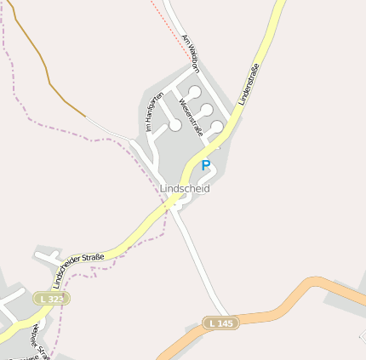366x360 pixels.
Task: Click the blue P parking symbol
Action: point(205,164)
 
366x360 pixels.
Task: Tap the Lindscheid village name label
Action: point(185,188)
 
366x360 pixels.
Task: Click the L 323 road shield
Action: point(53,299)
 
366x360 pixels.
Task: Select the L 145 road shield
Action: point(220,323)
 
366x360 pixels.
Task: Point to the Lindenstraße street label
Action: point(248,85)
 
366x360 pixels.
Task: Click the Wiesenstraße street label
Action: point(191,117)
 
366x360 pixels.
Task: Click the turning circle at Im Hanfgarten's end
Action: point(174,125)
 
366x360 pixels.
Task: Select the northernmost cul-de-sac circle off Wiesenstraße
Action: point(195,92)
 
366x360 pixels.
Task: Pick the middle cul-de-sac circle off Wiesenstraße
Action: point(206,109)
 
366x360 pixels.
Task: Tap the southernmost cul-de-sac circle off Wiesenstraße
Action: point(217,127)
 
